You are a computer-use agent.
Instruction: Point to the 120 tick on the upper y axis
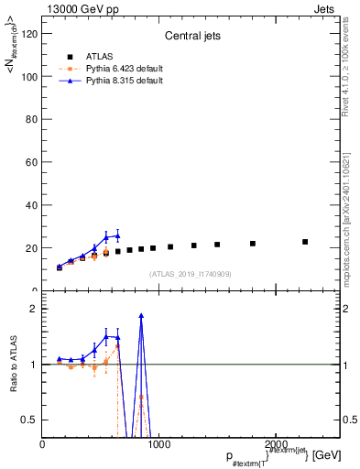pyautogui.click(x=30, y=34)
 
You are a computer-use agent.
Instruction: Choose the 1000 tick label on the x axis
pyautogui.click(x=158, y=444)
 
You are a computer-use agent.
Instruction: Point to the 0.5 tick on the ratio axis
pyautogui.click(x=32, y=420)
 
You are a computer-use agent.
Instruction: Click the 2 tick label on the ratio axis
pyautogui.click(x=36, y=309)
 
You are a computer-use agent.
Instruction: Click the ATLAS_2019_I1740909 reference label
pyautogui.click(x=189, y=274)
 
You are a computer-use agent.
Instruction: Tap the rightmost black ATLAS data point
pyautogui.click(x=305, y=242)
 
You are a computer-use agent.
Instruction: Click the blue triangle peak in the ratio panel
pyautogui.click(x=141, y=315)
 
